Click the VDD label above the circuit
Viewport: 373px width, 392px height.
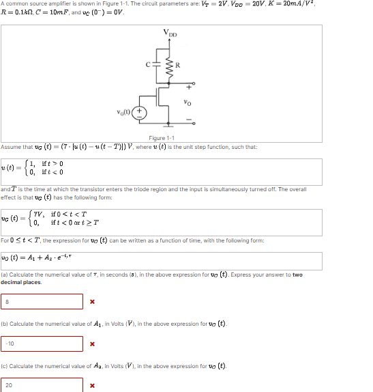[168, 33]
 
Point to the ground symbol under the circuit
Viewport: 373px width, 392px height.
[168, 126]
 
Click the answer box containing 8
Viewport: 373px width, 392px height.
[42, 301]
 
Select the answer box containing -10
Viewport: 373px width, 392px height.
[42, 343]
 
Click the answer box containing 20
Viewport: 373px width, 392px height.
[42, 384]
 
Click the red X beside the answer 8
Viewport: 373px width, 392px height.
[92, 301]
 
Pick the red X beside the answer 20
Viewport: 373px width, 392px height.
[92, 385]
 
